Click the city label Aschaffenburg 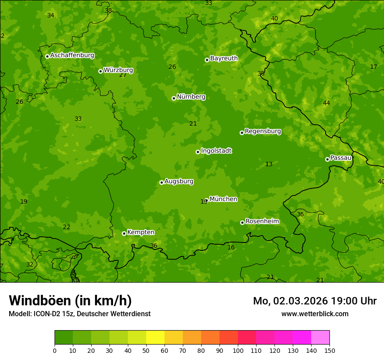click(72, 55)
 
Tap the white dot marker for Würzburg click(100, 71)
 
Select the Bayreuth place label click(224, 58)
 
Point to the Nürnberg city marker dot click(174, 98)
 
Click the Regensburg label click(263, 131)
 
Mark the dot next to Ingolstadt click(198, 152)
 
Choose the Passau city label click(341, 158)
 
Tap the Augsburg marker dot click(161, 182)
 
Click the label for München click(223, 199)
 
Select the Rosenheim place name click(262, 222)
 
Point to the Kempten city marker click(124, 233)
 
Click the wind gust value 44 click(326, 103)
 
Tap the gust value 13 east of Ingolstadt click(269, 164)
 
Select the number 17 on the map click(374, 67)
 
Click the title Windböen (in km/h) click(70, 301)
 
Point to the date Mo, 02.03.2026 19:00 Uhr click(315, 301)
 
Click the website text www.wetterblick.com click(315, 314)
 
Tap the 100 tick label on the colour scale click(238, 350)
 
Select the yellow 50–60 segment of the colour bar click(155, 337)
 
